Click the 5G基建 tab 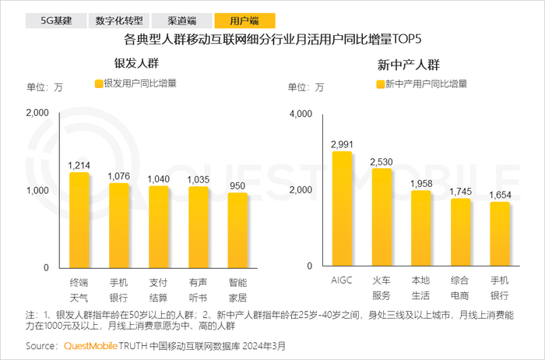click(56, 21)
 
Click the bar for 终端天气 click(79, 220)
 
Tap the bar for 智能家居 click(237, 230)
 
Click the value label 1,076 click(119, 177)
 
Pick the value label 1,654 click(499, 195)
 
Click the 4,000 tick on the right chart click(301, 114)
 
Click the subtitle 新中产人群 click(408, 63)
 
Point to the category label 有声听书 click(198, 289)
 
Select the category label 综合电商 click(460, 289)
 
